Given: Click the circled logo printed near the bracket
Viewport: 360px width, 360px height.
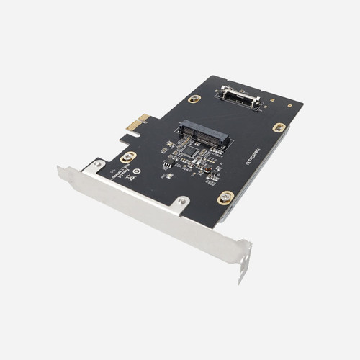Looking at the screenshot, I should [137, 172].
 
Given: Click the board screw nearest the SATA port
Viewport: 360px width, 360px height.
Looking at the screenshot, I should [194, 99].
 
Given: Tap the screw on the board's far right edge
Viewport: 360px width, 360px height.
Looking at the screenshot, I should [279, 127].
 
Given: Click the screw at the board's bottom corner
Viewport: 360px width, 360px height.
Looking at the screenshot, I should [225, 196].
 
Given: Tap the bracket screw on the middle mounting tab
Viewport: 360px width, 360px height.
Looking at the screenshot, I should [181, 202].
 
